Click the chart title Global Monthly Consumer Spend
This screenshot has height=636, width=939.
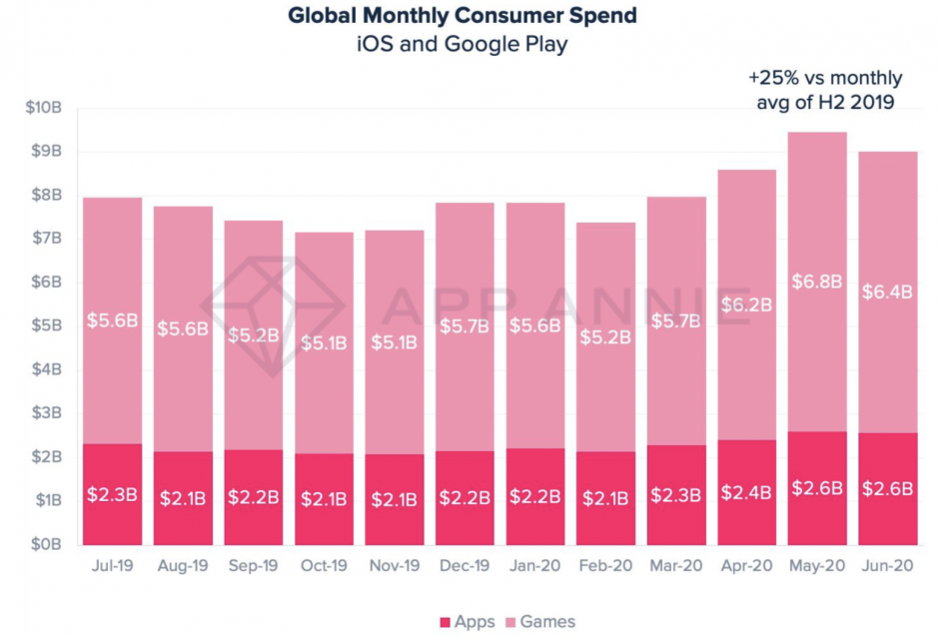463,16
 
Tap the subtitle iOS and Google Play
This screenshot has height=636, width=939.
463,44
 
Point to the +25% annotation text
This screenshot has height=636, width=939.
825,90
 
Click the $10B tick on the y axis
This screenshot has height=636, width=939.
43,108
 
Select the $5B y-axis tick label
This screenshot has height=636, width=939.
46,325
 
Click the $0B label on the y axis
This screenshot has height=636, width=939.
46,544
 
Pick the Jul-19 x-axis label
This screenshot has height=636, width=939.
113,565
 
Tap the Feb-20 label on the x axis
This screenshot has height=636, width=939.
605,565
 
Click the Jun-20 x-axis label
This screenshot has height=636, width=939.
887,565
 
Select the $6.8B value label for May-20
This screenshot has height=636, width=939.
817,282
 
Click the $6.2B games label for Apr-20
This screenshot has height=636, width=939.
747,306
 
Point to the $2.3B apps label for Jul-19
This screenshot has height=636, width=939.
112,495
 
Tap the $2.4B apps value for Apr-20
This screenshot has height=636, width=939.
747,492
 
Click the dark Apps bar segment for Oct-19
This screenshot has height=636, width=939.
324,499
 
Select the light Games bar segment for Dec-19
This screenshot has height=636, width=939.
465,326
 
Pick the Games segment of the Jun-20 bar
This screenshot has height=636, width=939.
887,293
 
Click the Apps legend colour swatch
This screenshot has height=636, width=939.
445,622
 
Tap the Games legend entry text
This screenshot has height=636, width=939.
547,622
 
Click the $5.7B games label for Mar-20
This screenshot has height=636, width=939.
676,321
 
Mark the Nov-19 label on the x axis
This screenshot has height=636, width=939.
394,565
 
